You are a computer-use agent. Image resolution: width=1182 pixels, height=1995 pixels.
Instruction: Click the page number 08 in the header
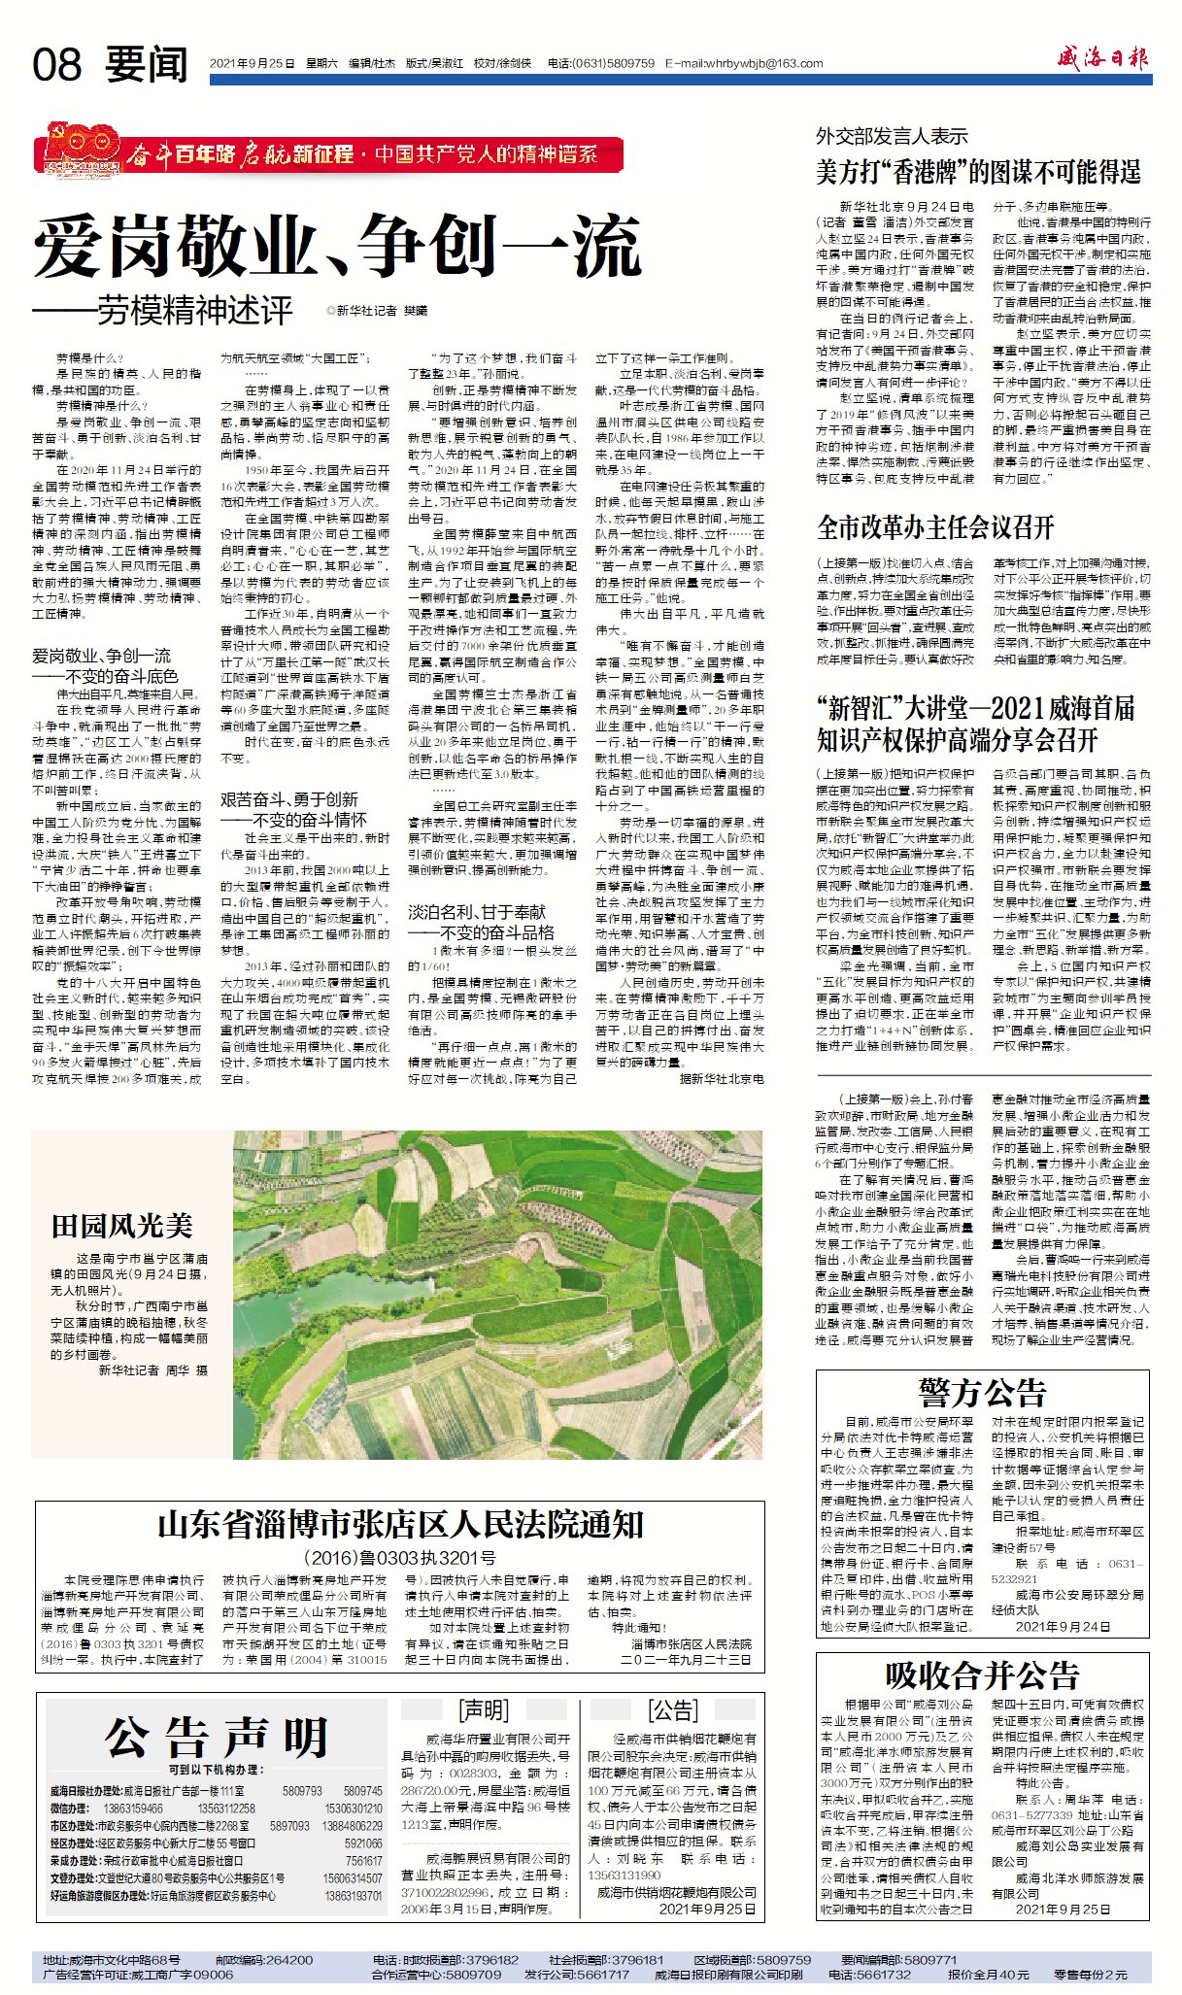(x=57, y=65)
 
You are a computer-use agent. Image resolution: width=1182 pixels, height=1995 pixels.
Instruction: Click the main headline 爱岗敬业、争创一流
(x=337, y=247)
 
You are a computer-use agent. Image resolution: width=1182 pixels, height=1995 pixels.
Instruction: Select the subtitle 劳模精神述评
(x=194, y=311)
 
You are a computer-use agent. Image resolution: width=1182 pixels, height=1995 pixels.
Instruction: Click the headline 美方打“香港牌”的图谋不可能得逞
(x=978, y=173)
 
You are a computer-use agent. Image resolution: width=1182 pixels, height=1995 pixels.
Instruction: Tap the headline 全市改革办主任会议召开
(x=935, y=527)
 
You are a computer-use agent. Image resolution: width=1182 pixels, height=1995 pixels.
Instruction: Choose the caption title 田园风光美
(x=122, y=1226)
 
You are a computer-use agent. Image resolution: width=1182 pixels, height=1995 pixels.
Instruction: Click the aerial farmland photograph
(x=497, y=1294)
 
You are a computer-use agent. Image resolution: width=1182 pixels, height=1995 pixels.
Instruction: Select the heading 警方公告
(x=983, y=1393)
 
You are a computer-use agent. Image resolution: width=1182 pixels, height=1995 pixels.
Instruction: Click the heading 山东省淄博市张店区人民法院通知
(x=400, y=1524)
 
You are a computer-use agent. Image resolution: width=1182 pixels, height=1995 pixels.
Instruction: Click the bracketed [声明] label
(x=484, y=1709)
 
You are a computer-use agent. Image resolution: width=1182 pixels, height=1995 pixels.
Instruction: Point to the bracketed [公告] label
(x=672, y=1709)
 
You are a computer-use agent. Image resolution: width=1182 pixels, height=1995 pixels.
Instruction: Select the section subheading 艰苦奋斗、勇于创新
(x=288, y=799)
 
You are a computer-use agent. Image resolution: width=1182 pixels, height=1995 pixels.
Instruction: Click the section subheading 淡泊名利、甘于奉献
(x=476, y=911)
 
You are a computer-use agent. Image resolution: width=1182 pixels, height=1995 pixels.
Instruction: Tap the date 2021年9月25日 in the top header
(x=252, y=64)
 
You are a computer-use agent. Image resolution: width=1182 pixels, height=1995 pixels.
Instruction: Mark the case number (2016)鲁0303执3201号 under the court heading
(x=400, y=1558)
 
